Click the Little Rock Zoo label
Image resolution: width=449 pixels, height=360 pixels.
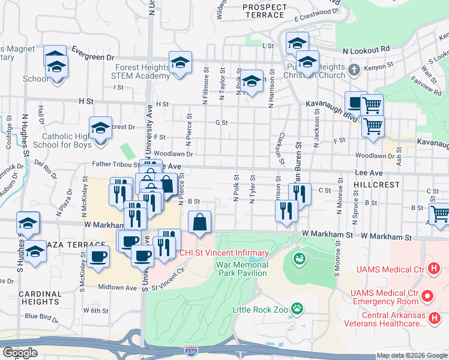pyautogui.click(x=261, y=310)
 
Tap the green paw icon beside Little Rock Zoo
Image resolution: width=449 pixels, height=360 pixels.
pyautogui.click(x=297, y=309)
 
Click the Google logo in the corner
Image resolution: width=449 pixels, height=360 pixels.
pyautogui.click(x=20, y=352)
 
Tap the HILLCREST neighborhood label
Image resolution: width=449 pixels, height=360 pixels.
pyautogui.click(x=376, y=185)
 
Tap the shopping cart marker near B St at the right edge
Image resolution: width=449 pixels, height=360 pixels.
pyautogui.click(x=440, y=213)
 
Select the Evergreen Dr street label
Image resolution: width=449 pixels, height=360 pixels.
pyautogui.click(x=93, y=57)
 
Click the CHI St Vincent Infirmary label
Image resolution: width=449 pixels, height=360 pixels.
pyautogui.click(x=225, y=253)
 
